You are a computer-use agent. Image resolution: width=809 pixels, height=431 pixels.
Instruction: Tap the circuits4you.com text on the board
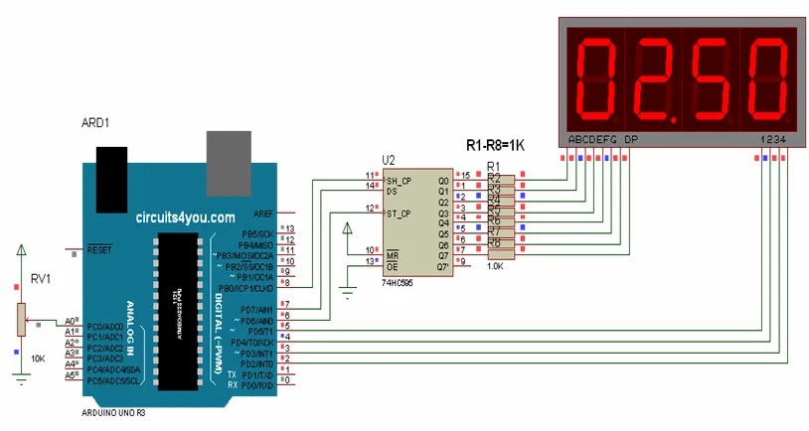click(x=186, y=216)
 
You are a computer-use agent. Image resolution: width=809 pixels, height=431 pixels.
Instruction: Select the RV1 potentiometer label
click(x=39, y=279)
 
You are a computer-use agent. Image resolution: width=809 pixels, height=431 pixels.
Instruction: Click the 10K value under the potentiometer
click(x=39, y=358)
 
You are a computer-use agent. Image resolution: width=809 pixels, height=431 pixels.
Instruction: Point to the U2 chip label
click(x=389, y=160)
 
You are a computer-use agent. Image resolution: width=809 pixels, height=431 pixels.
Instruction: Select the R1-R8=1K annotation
click(x=495, y=145)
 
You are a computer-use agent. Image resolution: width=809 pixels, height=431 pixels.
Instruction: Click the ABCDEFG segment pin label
click(x=593, y=140)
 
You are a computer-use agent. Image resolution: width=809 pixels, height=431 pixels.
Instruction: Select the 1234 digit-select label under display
click(x=773, y=140)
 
